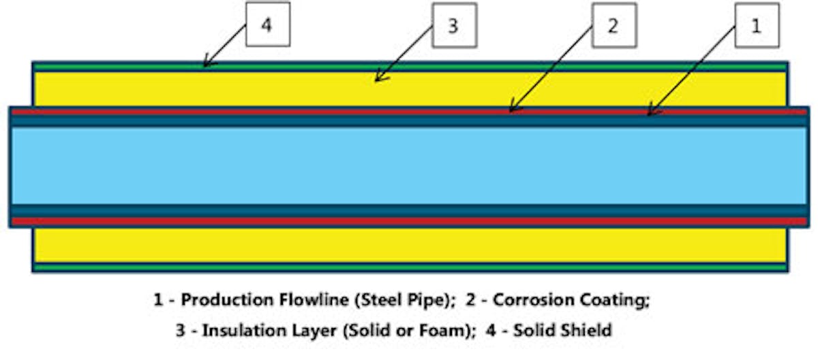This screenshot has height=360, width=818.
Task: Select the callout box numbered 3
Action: [453, 26]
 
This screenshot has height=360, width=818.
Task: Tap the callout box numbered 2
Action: [612, 26]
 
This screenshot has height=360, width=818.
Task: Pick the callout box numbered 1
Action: [755, 26]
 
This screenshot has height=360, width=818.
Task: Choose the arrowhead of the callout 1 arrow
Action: [648, 115]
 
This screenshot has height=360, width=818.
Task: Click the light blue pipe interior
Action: [409, 166]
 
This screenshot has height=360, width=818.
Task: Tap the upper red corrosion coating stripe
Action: [409, 111]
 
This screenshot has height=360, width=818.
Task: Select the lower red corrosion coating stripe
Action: [409, 222]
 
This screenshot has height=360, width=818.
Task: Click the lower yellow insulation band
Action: [409, 245]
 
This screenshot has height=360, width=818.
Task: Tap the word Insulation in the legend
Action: [245, 331]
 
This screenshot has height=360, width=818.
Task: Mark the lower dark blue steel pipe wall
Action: [409, 210]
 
